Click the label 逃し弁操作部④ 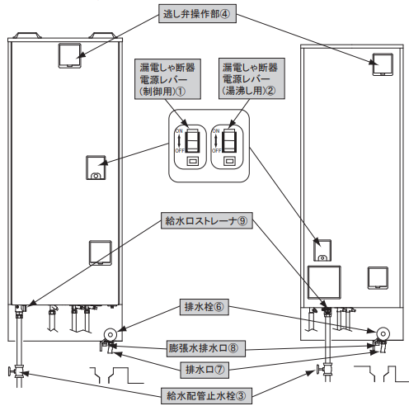coord(197,13)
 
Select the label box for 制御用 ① coord(167,79)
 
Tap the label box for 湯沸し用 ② coord(252,78)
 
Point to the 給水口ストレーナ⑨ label coord(206,221)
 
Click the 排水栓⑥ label coord(204,307)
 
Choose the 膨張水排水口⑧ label coord(206,348)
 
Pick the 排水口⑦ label coord(204,370)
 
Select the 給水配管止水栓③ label coord(206,396)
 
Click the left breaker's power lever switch coord(192,140)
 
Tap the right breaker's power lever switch coord(229,140)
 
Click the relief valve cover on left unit coord(70,55)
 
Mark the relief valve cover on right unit coord(383,64)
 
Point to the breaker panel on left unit coord(96,168)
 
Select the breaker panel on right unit coord(322,250)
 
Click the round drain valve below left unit coord(110,334)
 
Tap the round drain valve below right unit coord(383,333)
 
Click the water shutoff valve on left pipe coord(17,371)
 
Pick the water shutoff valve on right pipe coord(325,369)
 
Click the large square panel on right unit coord(324,282)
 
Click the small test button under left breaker coord(193,161)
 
